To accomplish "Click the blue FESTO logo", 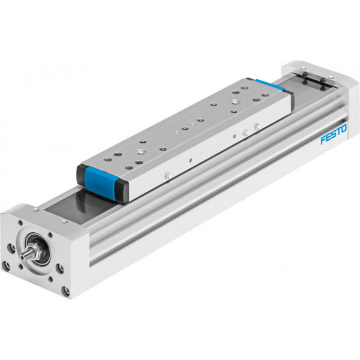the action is (334, 134).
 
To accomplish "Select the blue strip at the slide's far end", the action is (270, 85).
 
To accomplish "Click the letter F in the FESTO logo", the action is (323, 140).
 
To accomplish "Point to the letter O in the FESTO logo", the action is (344, 128).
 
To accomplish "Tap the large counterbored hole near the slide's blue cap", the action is (140, 152).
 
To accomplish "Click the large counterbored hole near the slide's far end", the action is (235, 102).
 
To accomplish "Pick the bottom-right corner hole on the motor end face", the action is (66, 291).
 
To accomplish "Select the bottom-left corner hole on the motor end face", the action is (5, 266).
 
